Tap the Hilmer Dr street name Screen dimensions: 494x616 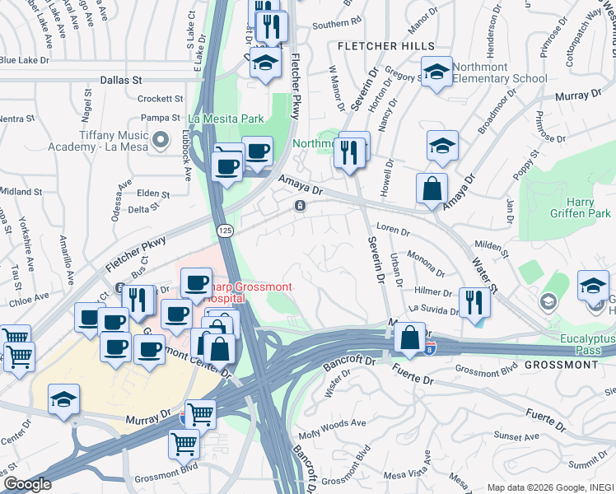pyautogui.click(x=433, y=291)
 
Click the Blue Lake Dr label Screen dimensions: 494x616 pyautogui.click(x=25, y=60)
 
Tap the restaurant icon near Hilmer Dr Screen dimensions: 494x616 pyautogui.click(x=474, y=301)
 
